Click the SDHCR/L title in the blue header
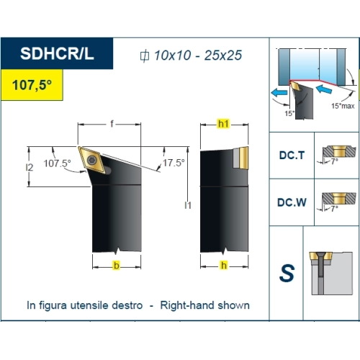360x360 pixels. coord(57,53)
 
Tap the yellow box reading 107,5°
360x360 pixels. coord(32,85)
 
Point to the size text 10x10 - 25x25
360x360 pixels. coord(198,55)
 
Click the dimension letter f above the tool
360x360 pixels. coord(112,124)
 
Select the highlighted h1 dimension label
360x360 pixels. coord(223,124)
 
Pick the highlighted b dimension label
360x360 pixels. coord(117,266)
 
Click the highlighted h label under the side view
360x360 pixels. coord(224,265)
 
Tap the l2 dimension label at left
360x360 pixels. coord(30,167)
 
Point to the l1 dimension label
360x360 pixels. coord(188,205)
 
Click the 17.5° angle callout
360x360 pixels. coord(174,163)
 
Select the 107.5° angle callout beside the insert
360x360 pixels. coord(57,163)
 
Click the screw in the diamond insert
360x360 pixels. coord(91,160)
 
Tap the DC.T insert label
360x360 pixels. coord(292,156)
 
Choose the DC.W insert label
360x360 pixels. coord(292,202)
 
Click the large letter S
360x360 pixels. coord(287,273)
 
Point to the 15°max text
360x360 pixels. coord(343,106)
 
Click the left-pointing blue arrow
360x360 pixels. coord(279,92)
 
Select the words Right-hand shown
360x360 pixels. coord(205,305)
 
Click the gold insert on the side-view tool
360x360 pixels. coord(243,158)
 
